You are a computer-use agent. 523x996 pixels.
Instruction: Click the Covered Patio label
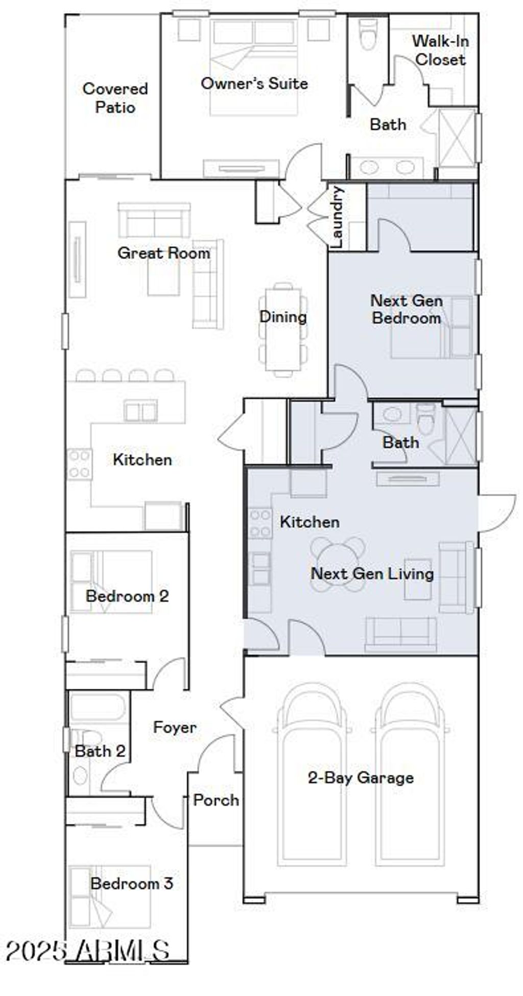pyautogui.click(x=115, y=98)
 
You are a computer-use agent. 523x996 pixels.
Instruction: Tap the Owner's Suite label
pyautogui.click(x=254, y=83)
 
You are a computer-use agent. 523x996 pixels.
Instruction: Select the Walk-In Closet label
pyautogui.click(x=440, y=50)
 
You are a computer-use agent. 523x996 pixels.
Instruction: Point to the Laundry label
pyautogui.click(x=337, y=217)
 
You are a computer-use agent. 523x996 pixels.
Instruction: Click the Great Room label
pyautogui.click(x=163, y=252)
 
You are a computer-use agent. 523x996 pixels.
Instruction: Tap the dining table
pyautogui.click(x=283, y=330)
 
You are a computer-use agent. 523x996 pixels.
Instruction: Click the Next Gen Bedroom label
pyautogui.click(x=407, y=309)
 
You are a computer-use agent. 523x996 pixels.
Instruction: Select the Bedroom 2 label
pyautogui.click(x=127, y=596)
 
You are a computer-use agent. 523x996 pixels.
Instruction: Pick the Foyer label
pyautogui.click(x=175, y=727)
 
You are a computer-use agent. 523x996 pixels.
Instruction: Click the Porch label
pyautogui.click(x=216, y=800)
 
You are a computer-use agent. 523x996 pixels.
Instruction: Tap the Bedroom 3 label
pyautogui.click(x=132, y=883)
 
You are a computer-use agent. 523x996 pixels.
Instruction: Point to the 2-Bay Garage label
pyautogui.click(x=361, y=778)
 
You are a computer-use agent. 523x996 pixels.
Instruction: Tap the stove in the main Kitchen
pyautogui.click(x=80, y=464)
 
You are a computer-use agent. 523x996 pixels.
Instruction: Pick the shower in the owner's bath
pyautogui.click(x=457, y=137)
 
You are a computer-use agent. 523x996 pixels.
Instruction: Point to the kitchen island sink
pyautogui.click(x=140, y=410)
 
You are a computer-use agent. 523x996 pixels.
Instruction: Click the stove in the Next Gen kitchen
pyautogui.click(x=260, y=523)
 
